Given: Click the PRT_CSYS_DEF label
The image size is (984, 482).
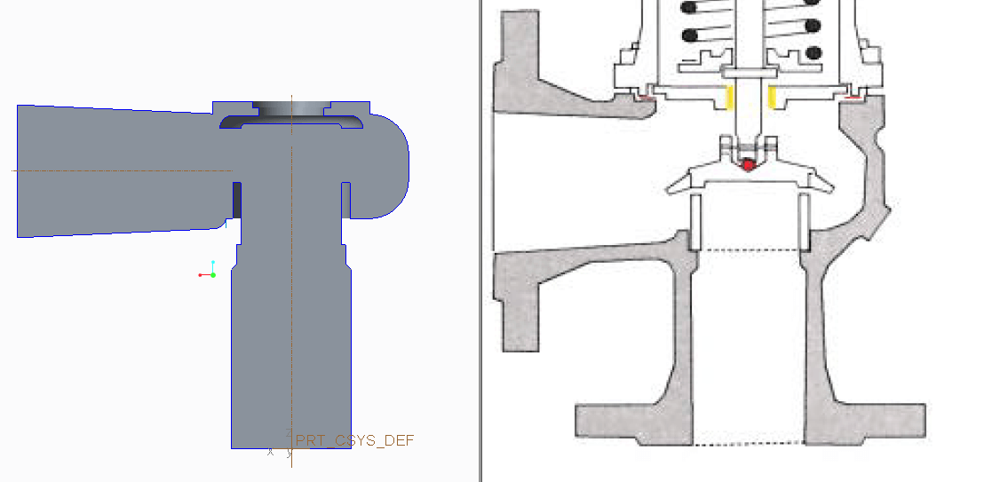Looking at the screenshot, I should [354, 440].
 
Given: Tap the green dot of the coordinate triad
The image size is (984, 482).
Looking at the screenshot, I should [213, 274].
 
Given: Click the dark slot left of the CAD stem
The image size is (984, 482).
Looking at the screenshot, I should [237, 200].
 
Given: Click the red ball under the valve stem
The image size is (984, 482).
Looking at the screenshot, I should [749, 164].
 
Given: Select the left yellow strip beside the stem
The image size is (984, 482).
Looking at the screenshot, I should [730, 99].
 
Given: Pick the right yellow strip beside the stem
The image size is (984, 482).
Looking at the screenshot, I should [772, 99].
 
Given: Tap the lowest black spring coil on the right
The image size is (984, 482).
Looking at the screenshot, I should [813, 53].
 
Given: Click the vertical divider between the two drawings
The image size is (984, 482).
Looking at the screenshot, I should [480, 240].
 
